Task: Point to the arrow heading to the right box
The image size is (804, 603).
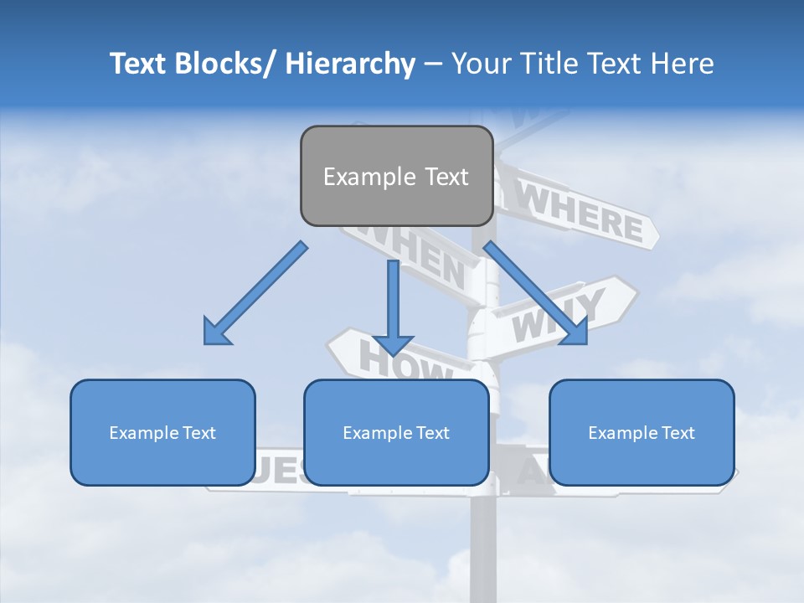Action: pos(536,293)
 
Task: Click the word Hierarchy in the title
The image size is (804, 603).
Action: pos(350,64)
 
